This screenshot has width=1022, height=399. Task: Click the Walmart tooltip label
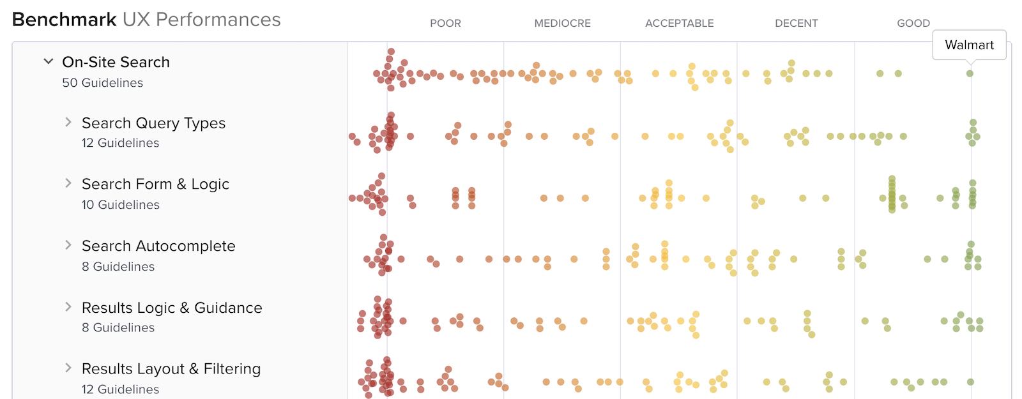(969, 45)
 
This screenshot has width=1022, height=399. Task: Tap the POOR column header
(445, 23)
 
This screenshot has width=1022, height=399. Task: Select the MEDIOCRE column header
(562, 23)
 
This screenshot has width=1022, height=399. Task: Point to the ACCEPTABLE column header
(679, 23)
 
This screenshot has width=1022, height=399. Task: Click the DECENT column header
(796, 23)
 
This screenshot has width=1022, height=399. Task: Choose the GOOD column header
(913, 23)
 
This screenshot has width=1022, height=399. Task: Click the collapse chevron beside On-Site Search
(48, 61)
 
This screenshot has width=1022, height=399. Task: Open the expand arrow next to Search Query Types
(68, 122)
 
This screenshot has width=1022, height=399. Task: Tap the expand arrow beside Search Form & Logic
(68, 183)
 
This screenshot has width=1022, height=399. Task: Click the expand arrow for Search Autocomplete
(68, 245)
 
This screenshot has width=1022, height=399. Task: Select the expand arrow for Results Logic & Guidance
(68, 307)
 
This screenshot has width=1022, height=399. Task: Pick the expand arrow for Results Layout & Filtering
(68, 368)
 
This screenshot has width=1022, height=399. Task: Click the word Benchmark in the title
(64, 20)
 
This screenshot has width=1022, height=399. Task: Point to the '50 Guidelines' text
(102, 83)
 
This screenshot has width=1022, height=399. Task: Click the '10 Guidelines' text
(120, 205)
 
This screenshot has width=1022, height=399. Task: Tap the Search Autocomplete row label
(158, 246)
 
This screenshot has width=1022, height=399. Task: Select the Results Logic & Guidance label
(172, 308)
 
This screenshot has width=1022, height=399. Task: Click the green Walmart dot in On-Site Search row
(970, 73)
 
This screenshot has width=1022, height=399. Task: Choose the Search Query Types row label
(153, 123)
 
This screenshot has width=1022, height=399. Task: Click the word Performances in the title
(218, 20)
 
